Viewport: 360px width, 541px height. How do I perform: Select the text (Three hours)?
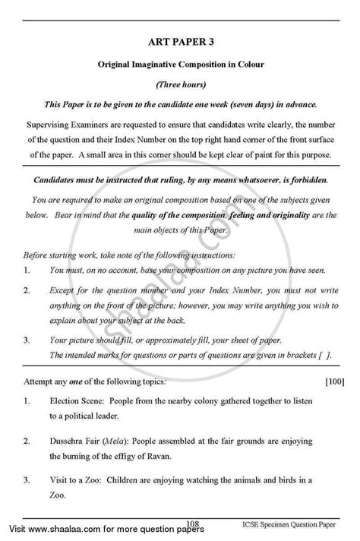[180, 83]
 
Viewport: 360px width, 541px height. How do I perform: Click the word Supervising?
[52, 122]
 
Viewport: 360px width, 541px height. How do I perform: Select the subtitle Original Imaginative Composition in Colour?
[180, 65]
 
